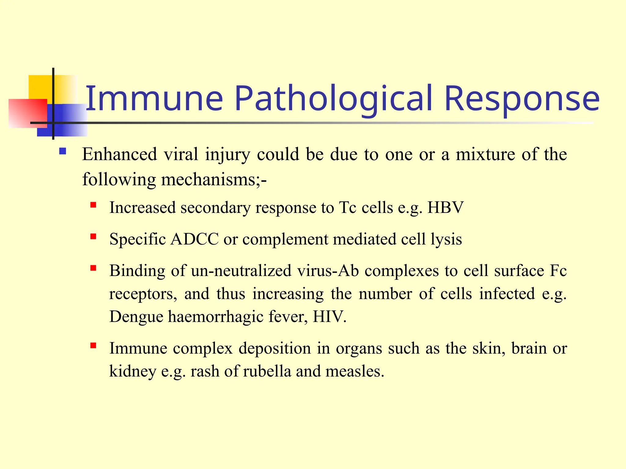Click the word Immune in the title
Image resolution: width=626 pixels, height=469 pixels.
(x=154, y=98)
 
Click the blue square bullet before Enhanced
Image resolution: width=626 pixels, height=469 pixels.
(x=63, y=151)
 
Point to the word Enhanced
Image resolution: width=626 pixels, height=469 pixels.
(x=120, y=154)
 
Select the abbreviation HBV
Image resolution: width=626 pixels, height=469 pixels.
(x=445, y=208)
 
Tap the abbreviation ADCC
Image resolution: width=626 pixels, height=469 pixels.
(x=194, y=239)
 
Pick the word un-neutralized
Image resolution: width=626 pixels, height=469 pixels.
(x=241, y=271)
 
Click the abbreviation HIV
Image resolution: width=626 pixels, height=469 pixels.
(x=329, y=317)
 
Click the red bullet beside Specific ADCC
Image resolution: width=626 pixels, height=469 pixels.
(x=93, y=236)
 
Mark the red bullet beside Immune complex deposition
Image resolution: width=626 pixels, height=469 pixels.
(x=93, y=346)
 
